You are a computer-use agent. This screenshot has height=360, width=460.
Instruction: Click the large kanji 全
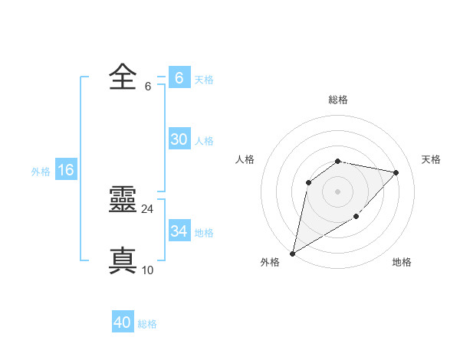point(123,78)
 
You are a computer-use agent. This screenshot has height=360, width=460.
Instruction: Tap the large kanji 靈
point(123,201)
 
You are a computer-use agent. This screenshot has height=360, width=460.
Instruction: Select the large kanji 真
point(123,260)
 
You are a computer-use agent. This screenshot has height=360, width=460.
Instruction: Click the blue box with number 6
point(179,78)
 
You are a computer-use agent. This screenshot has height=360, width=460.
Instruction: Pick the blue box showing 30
point(179,139)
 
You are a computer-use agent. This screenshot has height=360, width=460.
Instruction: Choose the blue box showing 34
point(179,231)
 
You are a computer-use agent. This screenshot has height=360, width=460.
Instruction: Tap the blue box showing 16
point(65,170)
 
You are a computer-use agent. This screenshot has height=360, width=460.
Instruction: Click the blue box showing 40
point(122,322)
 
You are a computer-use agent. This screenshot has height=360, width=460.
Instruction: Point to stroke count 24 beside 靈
point(147,208)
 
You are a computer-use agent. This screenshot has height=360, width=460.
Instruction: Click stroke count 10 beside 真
point(147,270)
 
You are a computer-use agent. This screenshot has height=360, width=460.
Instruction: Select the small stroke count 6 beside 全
point(147,87)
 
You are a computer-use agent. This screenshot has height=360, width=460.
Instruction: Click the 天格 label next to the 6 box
point(204,80)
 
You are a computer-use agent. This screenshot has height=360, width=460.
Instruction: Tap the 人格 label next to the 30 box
point(204,141)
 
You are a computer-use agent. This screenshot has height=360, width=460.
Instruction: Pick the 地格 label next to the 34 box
point(204,233)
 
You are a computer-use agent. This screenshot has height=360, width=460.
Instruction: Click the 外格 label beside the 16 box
point(41,172)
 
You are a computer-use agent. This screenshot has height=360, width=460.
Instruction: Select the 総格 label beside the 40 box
point(147,324)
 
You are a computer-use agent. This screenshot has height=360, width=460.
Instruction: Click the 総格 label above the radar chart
point(337,100)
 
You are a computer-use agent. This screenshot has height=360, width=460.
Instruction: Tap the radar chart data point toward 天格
point(396,172)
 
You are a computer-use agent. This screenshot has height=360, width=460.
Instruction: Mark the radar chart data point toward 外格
point(293,253)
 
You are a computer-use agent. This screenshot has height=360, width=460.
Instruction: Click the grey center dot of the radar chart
point(337,191)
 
